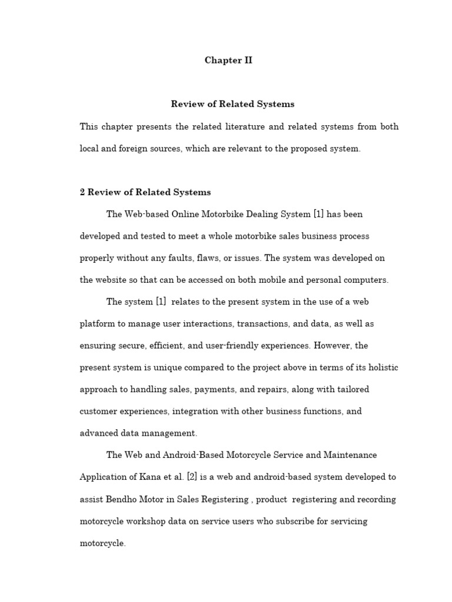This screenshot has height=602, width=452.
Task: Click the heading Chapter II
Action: point(228,61)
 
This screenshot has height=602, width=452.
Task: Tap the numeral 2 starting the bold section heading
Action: point(82,192)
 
